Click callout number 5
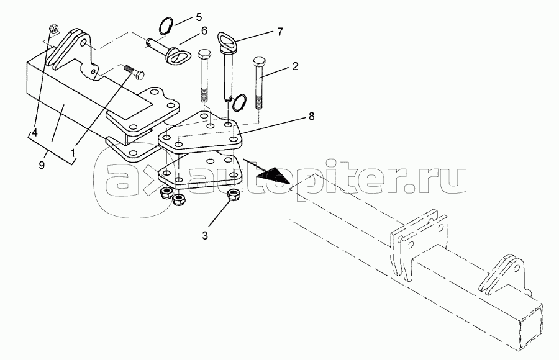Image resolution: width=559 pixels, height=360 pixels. click(x=198, y=17)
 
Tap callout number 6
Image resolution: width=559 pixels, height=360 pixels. click(x=204, y=30)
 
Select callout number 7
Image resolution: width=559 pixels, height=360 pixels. click(x=280, y=32)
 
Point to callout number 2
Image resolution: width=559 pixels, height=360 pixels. click(x=295, y=66)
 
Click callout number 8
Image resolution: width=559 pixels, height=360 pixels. click(x=312, y=116)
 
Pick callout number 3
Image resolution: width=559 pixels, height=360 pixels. click(x=204, y=236)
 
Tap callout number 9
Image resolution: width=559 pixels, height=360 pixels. click(x=42, y=165)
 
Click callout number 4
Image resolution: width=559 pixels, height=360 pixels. click(x=34, y=133)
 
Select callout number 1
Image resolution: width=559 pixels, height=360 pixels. click(x=73, y=153)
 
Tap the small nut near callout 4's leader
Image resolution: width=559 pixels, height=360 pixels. click(x=53, y=28)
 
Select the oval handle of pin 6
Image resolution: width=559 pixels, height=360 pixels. click(x=175, y=55)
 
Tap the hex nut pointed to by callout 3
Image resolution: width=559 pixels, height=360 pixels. click(x=234, y=195)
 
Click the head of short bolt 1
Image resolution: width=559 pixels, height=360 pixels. click(x=140, y=75)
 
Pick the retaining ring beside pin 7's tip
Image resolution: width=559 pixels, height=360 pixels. click(x=239, y=102)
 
